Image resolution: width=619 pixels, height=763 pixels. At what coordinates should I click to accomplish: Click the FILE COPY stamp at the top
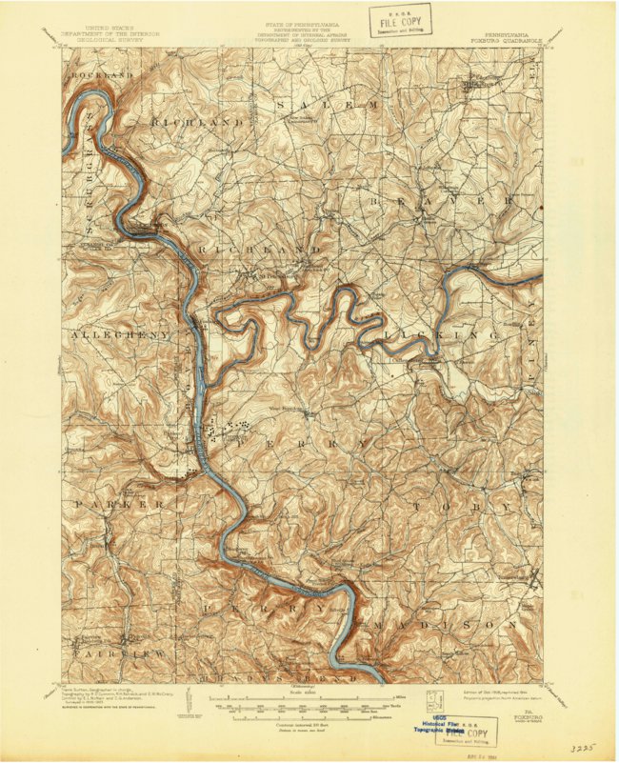400,18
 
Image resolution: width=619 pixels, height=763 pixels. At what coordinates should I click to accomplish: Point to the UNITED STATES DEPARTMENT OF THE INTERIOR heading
121,32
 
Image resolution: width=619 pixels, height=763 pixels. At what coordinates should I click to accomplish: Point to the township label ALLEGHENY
118,335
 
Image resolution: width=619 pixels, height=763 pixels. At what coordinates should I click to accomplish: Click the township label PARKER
120,502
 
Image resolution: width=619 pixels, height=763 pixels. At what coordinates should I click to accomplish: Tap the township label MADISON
433,625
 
